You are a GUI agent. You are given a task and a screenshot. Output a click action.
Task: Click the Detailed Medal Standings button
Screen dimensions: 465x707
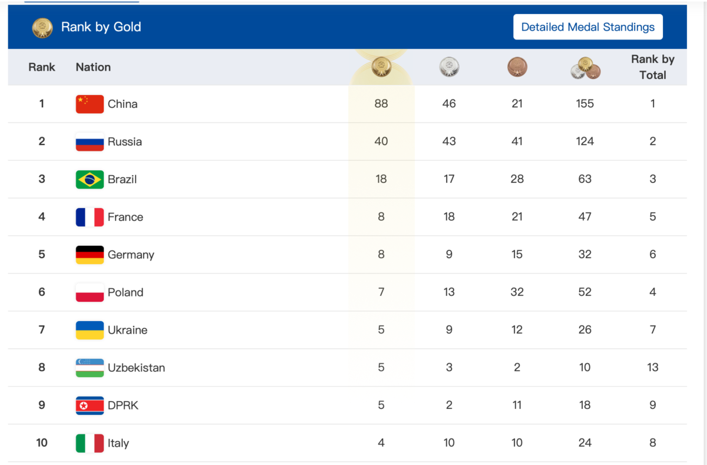(587, 27)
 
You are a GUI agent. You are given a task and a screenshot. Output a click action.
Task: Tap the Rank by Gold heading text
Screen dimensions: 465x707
(101, 27)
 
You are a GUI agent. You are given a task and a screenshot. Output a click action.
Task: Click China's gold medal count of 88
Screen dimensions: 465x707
(381, 104)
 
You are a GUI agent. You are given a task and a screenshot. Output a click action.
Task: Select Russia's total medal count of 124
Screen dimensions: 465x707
(585, 141)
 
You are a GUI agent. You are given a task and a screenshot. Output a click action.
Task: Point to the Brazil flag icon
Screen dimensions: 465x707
(90, 179)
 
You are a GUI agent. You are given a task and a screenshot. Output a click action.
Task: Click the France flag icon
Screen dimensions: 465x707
(90, 217)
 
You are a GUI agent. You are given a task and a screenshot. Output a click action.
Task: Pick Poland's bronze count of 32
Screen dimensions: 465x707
(517, 292)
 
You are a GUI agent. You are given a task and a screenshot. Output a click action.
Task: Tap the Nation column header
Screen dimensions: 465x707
(93, 67)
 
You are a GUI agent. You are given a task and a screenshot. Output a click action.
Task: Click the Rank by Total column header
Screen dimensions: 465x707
(653, 67)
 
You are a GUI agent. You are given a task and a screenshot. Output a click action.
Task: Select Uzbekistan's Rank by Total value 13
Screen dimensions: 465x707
(653, 368)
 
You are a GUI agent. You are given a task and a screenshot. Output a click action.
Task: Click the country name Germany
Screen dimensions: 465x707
(131, 255)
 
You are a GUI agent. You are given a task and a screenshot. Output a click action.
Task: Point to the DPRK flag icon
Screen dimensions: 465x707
(90, 405)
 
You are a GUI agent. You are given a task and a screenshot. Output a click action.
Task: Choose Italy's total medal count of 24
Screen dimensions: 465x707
(585, 443)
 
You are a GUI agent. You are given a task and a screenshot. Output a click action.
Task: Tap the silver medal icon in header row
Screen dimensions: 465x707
(449, 67)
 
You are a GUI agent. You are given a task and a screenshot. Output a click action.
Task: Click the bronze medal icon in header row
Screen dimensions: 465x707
(517, 67)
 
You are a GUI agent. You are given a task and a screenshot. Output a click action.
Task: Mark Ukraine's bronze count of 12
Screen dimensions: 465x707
(517, 330)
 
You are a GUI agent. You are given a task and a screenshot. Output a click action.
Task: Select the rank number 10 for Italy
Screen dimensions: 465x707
(42, 443)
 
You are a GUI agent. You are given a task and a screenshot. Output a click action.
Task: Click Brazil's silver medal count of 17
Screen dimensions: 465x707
(449, 179)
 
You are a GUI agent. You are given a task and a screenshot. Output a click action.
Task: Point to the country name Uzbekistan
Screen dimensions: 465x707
(136, 368)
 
